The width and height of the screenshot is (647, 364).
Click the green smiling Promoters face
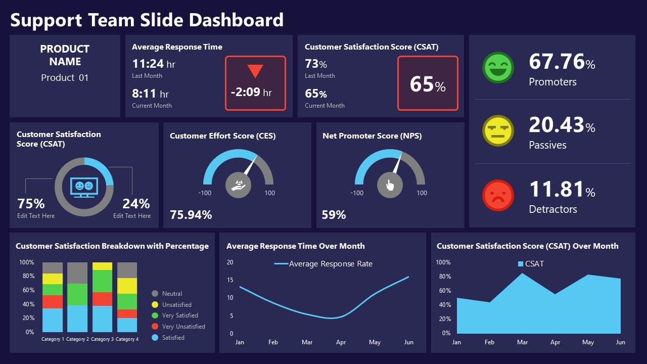pyautogui.click(x=498, y=67)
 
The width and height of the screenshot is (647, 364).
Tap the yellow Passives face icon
pyautogui.click(x=498, y=130)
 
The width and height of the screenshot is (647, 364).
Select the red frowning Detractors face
pyautogui.click(x=498, y=195)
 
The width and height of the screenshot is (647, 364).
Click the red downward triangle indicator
pyautogui.click(x=255, y=71)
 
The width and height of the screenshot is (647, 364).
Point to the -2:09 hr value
pyautogui.click(x=251, y=93)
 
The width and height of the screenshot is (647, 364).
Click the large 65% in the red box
pyautogui.click(x=428, y=84)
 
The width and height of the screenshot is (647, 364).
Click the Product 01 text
pyautogui.click(x=65, y=78)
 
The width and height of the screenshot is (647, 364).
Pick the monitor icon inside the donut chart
pyautogui.click(x=84, y=187)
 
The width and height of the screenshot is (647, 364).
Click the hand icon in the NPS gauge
pyautogui.click(x=390, y=185)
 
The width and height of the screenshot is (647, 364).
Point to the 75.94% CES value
pyautogui.click(x=191, y=215)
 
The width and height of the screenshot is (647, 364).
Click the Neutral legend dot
pyautogui.click(x=155, y=294)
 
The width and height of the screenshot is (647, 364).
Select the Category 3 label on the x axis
pyautogui.click(x=102, y=339)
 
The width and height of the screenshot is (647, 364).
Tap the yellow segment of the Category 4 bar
pyautogui.click(x=127, y=286)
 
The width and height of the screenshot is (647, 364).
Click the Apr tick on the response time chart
pyautogui.click(x=341, y=342)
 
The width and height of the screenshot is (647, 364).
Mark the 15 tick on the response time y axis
pyautogui.click(x=230, y=280)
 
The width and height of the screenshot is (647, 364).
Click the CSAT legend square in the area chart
pyautogui.click(x=521, y=264)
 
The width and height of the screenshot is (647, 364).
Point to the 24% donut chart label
pyautogui.click(x=136, y=204)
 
